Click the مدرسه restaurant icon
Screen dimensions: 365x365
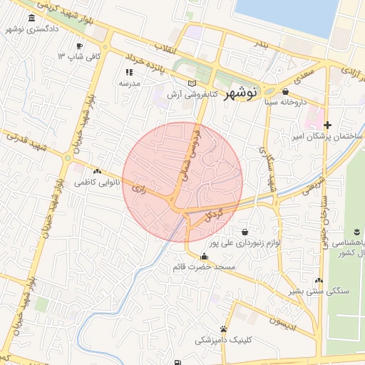(x=129, y=72)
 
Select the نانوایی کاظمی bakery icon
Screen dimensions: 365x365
(x=97, y=171)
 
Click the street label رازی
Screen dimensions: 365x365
(x=140, y=189)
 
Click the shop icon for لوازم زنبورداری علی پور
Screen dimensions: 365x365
(x=245, y=232)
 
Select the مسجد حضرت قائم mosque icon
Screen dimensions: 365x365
(x=205, y=257)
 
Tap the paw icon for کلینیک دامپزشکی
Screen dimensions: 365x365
(x=224, y=329)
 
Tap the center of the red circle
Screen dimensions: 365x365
(x=182, y=182)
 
